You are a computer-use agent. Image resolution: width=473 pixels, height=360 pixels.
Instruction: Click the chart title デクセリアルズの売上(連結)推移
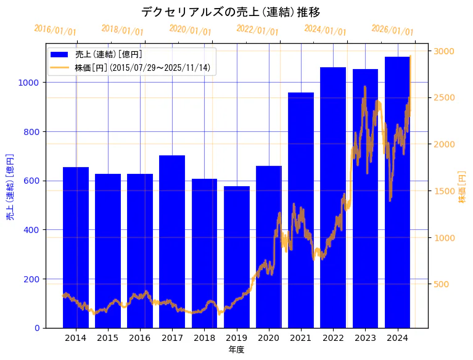(x=231, y=12)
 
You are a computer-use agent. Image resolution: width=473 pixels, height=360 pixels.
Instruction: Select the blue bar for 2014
(x=76, y=247)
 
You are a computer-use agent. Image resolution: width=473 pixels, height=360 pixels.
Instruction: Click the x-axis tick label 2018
(x=204, y=338)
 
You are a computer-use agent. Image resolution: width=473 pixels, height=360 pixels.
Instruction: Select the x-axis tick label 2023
(x=365, y=338)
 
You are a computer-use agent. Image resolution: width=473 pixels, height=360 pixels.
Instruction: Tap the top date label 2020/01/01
(x=190, y=30)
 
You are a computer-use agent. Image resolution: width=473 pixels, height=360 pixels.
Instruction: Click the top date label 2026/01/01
(x=392, y=30)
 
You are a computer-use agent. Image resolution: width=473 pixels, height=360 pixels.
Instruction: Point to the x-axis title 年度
(x=236, y=350)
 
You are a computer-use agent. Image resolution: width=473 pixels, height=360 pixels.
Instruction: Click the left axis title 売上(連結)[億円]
(x=10, y=187)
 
